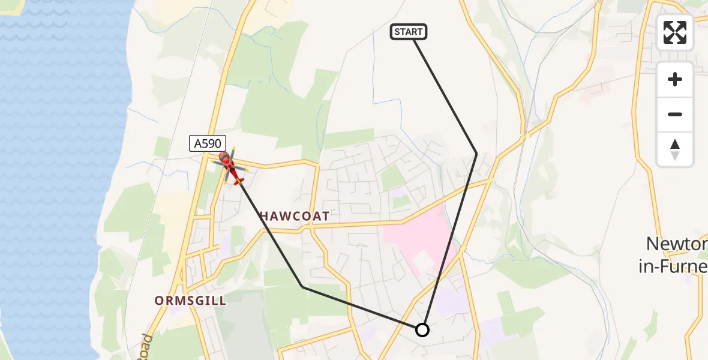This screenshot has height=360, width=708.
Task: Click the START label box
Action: [409, 32]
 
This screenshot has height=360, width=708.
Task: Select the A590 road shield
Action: [208, 143]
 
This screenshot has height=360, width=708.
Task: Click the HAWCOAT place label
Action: [295, 216]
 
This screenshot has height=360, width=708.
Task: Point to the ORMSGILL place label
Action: [191, 301]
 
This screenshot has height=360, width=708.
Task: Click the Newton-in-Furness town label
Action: [675, 255]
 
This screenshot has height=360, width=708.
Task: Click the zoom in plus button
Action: [675, 80]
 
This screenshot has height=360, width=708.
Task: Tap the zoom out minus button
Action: [675, 114]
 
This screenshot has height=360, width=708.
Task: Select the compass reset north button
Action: [675, 149]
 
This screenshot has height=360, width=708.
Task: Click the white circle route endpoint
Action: [422, 330]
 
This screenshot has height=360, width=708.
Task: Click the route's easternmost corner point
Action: [476, 154]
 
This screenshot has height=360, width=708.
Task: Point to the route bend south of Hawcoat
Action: [303, 287]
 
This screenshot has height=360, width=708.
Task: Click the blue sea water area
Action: [60, 180]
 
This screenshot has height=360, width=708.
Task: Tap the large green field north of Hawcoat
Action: [282, 108]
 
